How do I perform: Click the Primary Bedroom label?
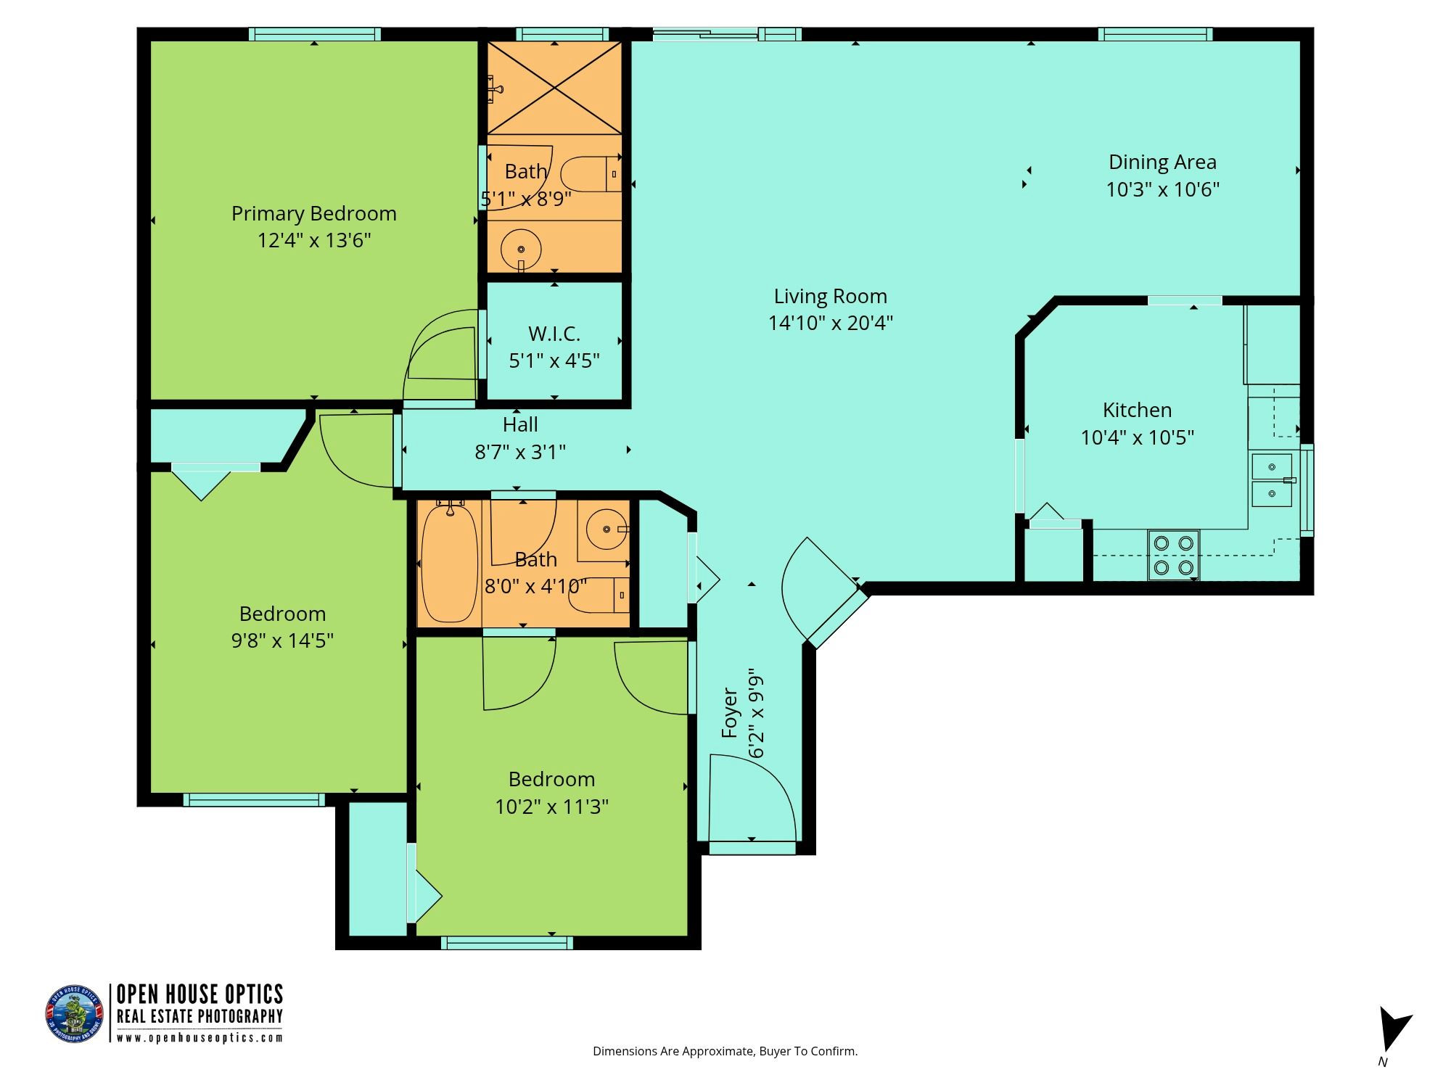(x=313, y=214)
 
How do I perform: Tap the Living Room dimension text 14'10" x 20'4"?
(x=831, y=323)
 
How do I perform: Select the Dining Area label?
(x=1162, y=162)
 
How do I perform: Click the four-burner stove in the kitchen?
(x=1173, y=555)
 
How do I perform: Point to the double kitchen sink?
(x=1272, y=480)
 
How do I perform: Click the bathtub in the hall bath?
(x=450, y=563)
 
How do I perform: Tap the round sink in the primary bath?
(x=521, y=249)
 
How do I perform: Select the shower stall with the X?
(x=554, y=88)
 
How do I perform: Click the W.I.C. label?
(x=554, y=334)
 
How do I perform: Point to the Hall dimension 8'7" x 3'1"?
(x=520, y=452)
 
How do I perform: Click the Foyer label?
(x=729, y=714)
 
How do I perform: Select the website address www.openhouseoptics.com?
(x=200, y=1037)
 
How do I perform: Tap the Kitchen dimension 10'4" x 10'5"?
(x=1138, y=437)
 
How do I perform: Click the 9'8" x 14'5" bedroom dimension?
(x=282, y=640)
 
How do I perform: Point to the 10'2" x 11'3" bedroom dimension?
(x=551, y=807)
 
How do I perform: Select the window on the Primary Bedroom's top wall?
(x=315, y=34)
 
